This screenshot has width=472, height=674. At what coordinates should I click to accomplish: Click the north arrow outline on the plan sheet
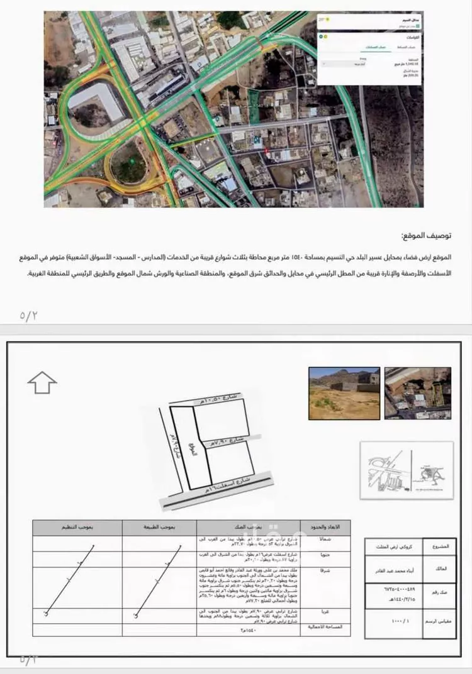click(42, 382)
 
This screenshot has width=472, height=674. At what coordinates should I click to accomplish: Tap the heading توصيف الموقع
click(426, 236)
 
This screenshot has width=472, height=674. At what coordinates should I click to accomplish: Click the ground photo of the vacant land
click(344, 394)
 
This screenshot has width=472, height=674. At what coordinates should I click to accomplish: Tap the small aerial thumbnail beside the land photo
click(418, 394)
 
